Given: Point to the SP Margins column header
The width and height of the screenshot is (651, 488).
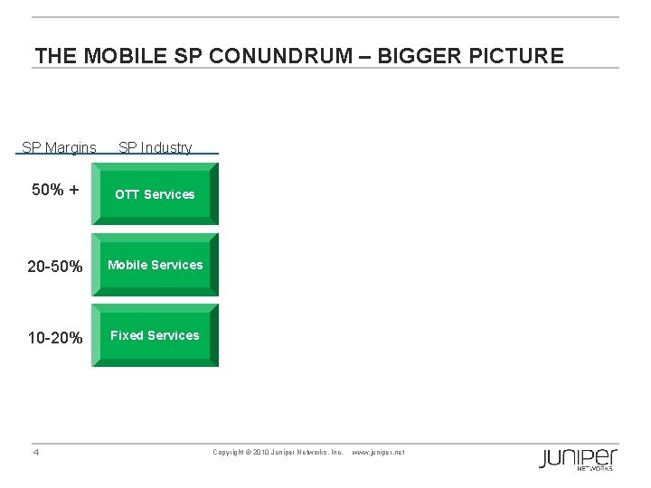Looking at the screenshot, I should click(59, 147).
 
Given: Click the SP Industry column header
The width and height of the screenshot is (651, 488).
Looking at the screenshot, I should click(155, 147).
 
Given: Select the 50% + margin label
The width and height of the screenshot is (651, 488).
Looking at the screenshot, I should click(55, 191).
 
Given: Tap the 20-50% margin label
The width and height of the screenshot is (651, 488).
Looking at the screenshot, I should click(55, 267).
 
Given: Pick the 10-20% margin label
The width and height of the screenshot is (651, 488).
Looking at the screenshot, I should click(55, 338).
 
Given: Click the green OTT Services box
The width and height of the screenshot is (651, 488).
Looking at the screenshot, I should click(155, 194).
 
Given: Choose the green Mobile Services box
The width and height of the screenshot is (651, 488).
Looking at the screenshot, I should click(155, 265).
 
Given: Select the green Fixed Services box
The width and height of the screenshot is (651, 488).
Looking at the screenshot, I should click(155, 335).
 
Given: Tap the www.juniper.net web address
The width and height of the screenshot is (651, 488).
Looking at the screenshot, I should click(378, 452).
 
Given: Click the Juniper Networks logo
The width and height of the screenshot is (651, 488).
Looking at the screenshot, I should click(579, 458).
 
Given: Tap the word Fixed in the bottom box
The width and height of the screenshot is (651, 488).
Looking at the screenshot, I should click(127, 335).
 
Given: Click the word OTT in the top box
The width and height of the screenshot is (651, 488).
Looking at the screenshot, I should click(127, 194).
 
